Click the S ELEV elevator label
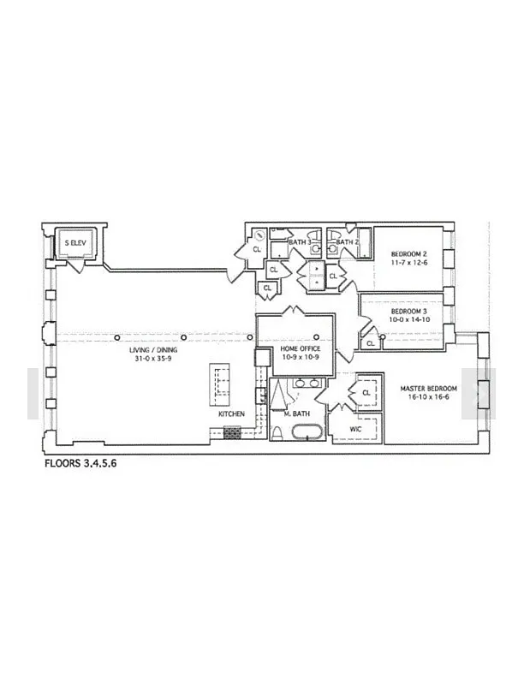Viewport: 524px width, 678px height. (x=75, y=243)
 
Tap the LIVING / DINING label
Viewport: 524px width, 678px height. (x=153, y=350)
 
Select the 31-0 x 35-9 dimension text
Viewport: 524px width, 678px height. (x=153, y=358)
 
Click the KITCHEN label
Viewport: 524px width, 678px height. (x=231, y=413)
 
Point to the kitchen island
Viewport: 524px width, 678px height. (x=219, y=384)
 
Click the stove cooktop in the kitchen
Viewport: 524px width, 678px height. (x=232, y=433)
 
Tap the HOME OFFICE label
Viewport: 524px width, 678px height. (x=301, y=348)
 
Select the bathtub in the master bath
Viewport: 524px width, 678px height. (x=307, y=432)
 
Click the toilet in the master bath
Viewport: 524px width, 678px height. (x=277, y=433)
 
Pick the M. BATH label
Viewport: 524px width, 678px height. (x=296, y=413)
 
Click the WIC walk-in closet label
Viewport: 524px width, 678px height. (x=355, y=430)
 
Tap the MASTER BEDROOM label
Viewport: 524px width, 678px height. (x=428, y=389)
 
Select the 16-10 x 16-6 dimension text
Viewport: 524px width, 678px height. (x=428, y=397)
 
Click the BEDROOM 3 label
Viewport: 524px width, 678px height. (x=409, y=312)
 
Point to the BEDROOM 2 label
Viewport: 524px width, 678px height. (x=409, y=253)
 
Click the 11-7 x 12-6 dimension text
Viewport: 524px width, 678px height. (x=409, y=263)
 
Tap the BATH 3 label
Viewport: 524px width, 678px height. (x=300, y=242)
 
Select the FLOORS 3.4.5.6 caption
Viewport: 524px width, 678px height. (x=80, y=463)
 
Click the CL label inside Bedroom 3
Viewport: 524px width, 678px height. (x=371, y=343)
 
